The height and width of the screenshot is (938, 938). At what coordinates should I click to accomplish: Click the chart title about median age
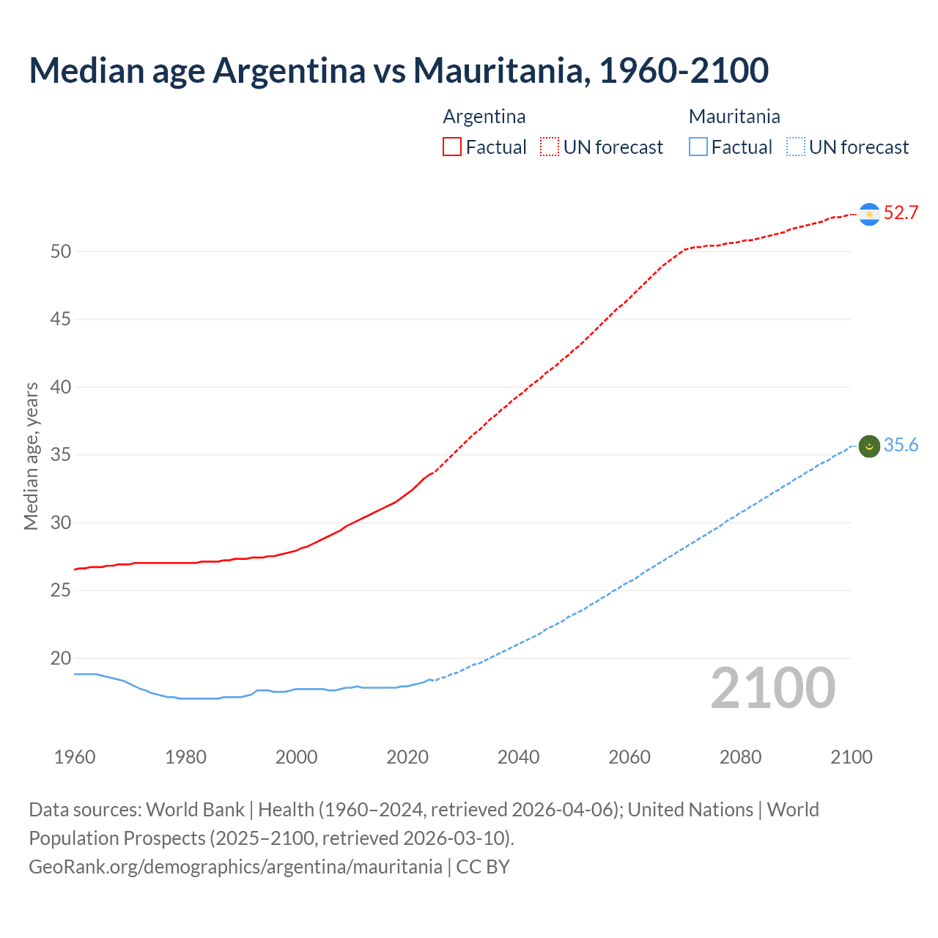pos(399,70)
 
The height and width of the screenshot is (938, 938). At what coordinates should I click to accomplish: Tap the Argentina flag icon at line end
pos(869,214)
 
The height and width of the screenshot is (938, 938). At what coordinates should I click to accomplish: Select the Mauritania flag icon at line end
pos(869,446)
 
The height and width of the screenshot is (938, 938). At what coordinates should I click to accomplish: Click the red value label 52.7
pos(901,213)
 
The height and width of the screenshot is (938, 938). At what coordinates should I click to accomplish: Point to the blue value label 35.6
pos(901,446)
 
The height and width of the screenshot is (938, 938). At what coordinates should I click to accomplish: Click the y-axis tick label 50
pos(61,251)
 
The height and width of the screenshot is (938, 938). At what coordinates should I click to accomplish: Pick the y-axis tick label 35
pos(61,455)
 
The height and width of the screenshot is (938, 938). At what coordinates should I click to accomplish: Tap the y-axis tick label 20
pos(61,659)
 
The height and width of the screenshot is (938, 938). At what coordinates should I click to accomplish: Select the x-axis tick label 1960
pos(75,757)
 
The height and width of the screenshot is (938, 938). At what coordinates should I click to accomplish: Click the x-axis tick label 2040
pos(518,757)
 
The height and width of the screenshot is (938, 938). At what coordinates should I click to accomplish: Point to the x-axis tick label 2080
pos(740,757)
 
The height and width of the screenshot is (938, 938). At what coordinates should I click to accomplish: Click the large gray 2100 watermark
pos(772,688)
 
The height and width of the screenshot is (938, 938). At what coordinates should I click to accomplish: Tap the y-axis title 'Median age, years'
pos(31,456)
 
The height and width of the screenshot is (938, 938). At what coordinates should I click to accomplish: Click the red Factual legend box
pos(452,147)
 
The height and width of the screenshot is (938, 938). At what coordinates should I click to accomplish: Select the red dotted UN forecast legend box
pos(550,147)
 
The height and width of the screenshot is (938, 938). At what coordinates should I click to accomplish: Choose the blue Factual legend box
pos(698,147)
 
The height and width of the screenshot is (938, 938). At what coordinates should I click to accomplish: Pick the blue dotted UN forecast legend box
pos(796,147)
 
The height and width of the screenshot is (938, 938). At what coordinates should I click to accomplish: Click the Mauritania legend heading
pos(734,117)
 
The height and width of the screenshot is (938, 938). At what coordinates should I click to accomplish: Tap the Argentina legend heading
pos(484,117)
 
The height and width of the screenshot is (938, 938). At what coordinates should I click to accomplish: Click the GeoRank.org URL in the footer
pos(235,867)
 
